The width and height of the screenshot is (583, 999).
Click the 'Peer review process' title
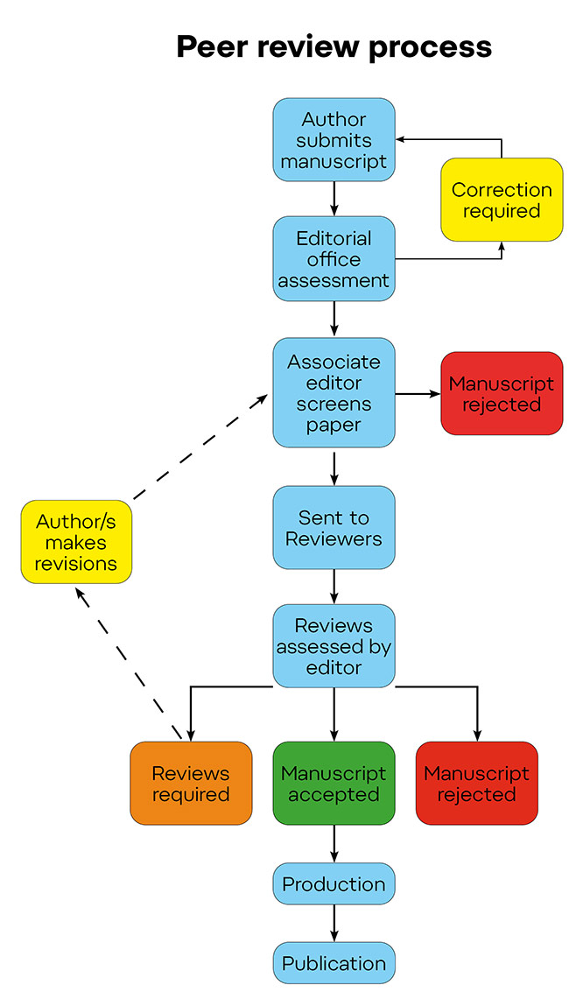point(334,46)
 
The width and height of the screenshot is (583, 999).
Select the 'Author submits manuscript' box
point(334,140)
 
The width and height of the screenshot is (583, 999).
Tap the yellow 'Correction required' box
point(502,200)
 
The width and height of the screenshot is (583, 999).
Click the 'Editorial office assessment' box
point(334,259)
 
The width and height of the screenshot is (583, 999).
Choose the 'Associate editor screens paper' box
point(334,393)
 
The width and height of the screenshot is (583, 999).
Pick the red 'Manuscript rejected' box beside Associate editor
point(502,393)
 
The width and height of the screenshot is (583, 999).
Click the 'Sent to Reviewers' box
point(334,528)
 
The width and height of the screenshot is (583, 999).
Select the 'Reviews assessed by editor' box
point(334,646)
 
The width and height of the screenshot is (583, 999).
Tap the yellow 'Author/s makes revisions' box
point(76,542)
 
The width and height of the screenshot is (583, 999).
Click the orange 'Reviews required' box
point(191,784)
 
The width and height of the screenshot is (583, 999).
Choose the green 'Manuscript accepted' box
point(334,784)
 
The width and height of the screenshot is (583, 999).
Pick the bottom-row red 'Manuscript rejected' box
point(476,784)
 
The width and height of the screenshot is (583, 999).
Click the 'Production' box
point(334,883)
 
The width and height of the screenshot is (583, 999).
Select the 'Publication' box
point(334,962)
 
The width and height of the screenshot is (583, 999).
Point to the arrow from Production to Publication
point(334,923)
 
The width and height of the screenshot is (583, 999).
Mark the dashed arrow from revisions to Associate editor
point(200,447)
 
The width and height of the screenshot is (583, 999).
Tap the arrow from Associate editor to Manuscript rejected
point(418,394)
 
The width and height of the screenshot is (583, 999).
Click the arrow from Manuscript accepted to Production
point(334,844)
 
